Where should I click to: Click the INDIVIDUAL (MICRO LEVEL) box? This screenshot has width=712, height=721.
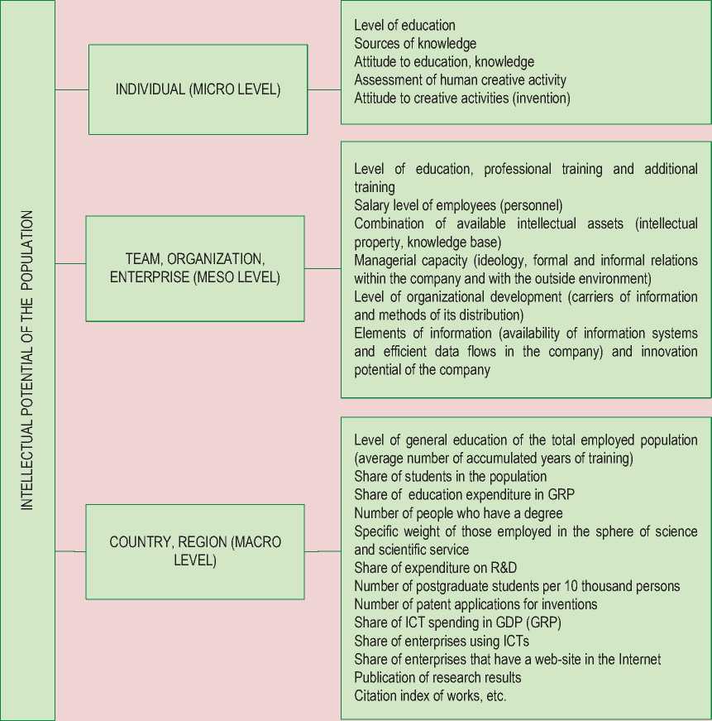(198, 89)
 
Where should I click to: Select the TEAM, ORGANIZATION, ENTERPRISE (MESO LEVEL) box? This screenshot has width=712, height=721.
(195, 268)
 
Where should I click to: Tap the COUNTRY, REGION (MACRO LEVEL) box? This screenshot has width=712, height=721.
(195, 551)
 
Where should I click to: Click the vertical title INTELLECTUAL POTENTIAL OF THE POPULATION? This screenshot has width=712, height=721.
(27, 360)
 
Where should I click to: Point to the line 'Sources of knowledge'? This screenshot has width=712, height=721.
(415, 44)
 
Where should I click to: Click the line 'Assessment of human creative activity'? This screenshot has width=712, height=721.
(460, 80)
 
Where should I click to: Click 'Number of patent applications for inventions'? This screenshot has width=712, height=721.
(475, 604)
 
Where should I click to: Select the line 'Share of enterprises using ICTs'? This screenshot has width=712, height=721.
(442, 641)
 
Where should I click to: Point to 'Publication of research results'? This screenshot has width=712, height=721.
(437, 677)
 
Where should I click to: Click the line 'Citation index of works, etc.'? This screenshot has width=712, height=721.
(430, 695)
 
